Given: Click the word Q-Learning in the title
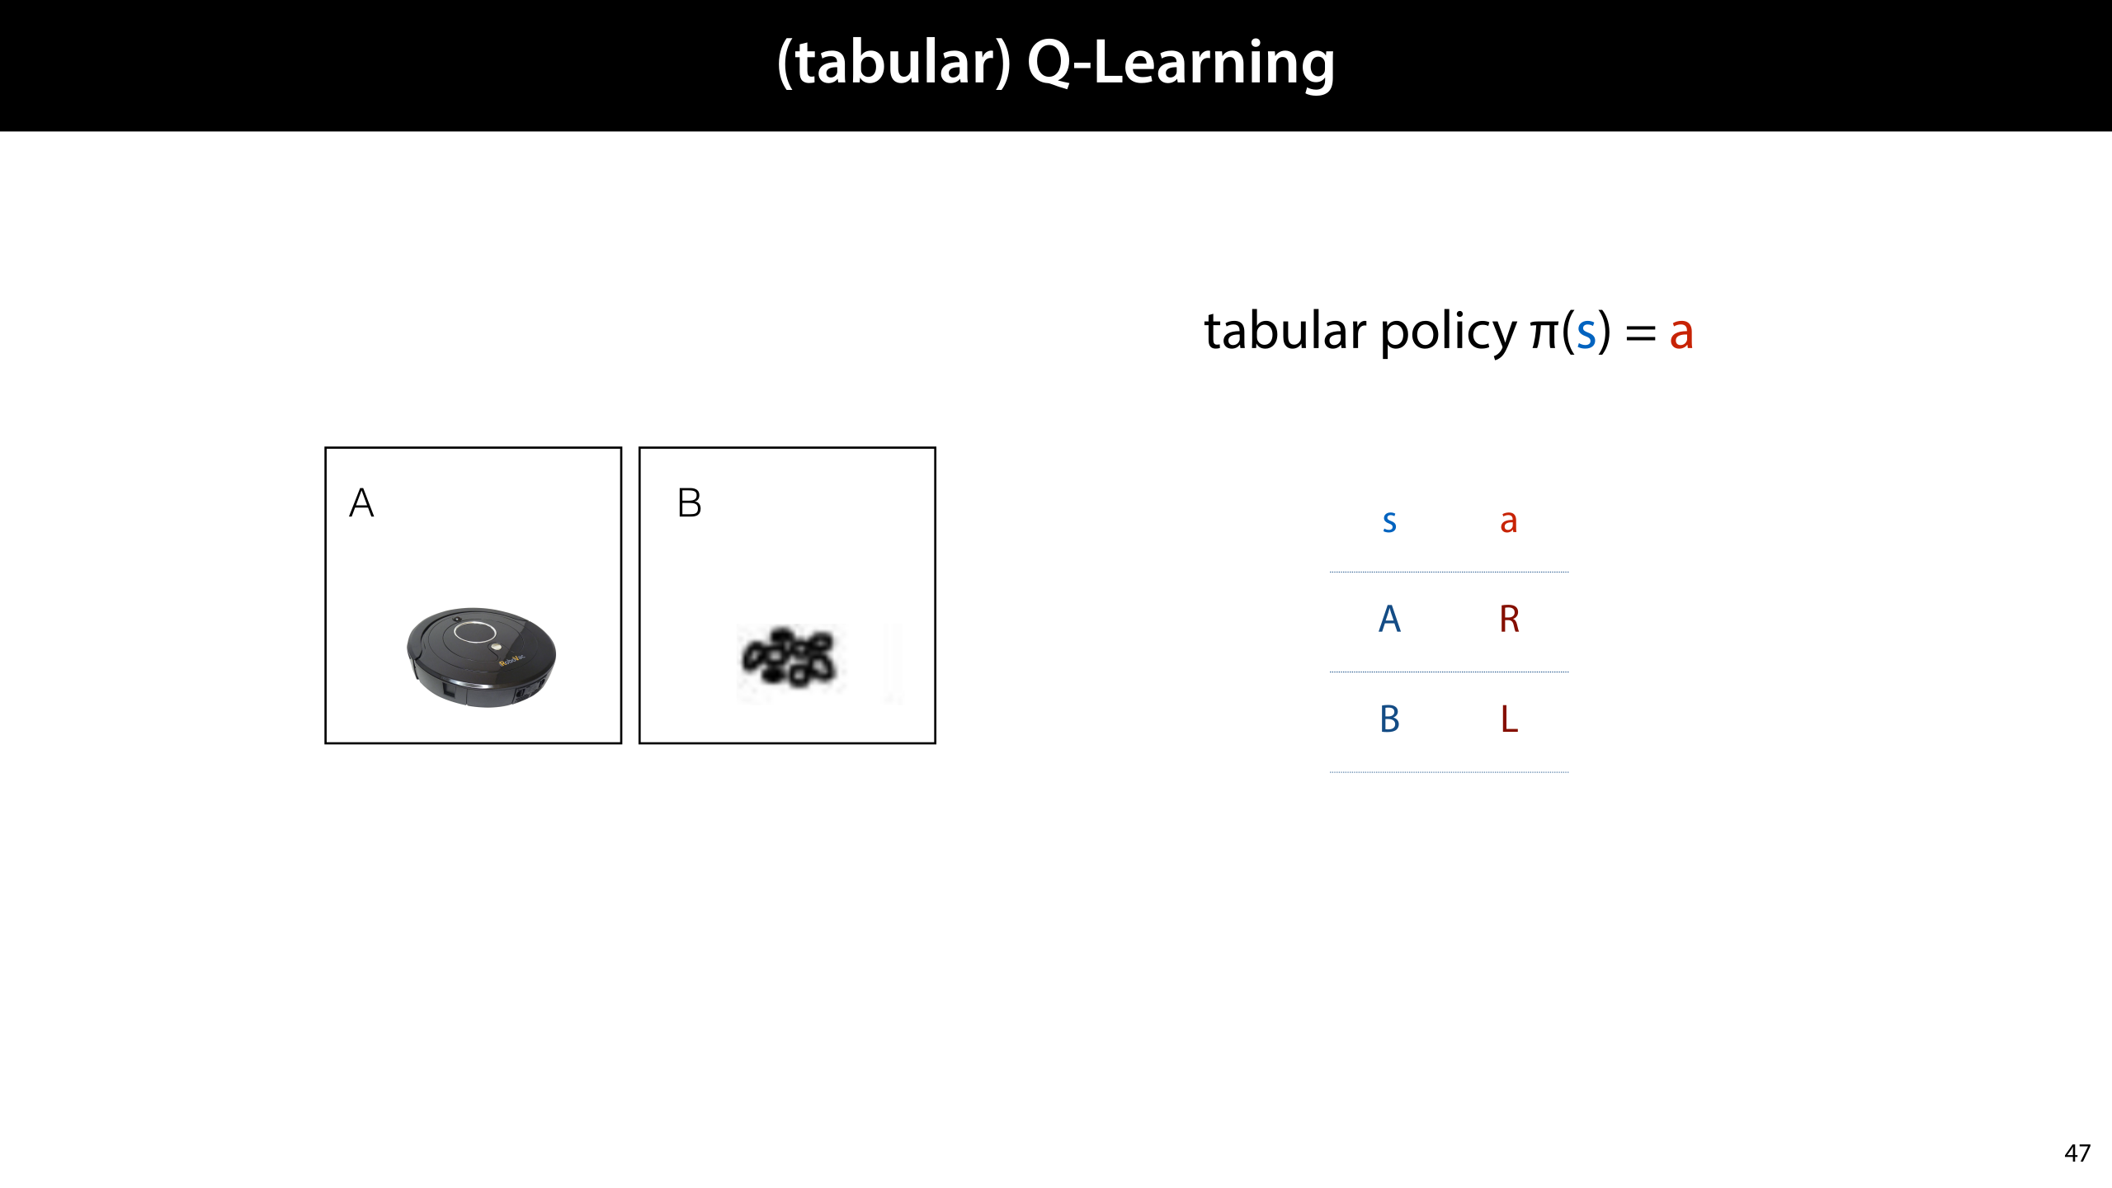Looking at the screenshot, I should click(1181, 63).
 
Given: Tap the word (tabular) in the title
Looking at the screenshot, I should click(893, 63).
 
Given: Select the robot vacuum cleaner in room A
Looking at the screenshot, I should click(481, 657).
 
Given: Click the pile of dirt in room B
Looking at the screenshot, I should click(790, 658).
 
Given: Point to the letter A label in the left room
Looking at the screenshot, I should click(361, 503).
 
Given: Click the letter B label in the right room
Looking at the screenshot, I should click(689, 503).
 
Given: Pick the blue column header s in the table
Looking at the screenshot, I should click(1389, 521).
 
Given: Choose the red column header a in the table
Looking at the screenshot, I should click(1508, 521).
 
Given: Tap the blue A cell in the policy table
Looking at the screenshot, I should click(1389, 619).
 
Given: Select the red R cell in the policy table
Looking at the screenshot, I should click(1509, 619).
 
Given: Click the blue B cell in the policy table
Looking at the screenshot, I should click(1389, 719).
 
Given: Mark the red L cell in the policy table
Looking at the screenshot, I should click(1509, 719).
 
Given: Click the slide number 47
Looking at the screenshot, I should click(2077, 1153).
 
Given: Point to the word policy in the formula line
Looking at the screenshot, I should click(1448, 332).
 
